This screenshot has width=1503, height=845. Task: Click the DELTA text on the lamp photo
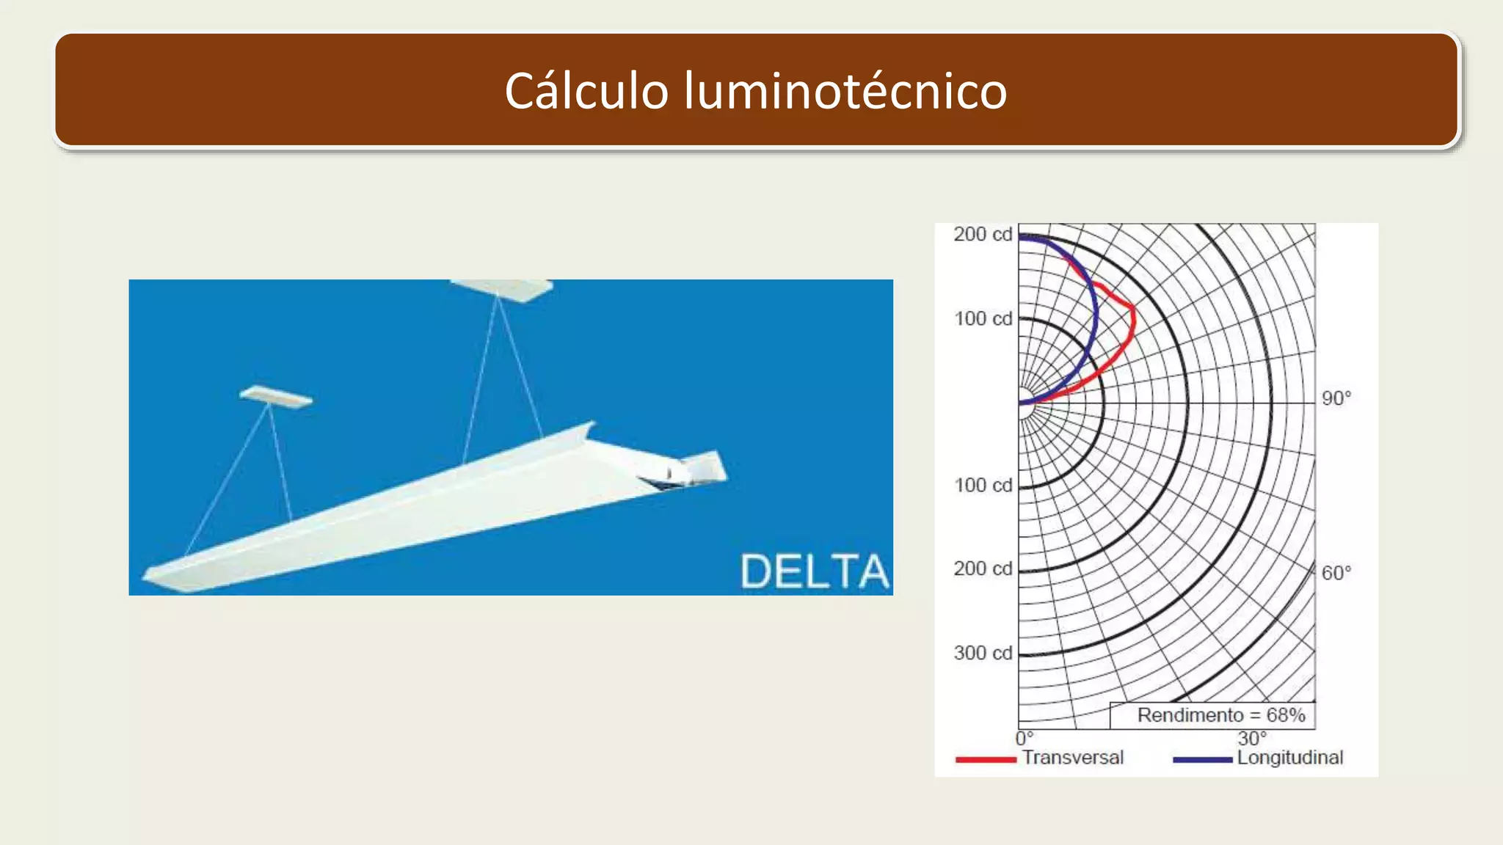coord(814,571)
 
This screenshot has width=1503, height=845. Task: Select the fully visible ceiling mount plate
coord(276,397)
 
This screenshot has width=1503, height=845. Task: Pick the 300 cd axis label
coord(983,653)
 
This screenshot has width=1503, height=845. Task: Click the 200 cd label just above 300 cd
coord(983,568)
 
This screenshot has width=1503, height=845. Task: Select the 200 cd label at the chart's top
coord(983,234)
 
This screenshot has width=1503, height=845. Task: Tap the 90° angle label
coord(1336,398)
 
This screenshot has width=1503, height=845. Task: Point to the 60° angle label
coord(1336,573)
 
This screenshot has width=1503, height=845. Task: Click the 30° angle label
coord(1252,738)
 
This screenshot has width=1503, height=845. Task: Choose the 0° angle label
coord(1025,738)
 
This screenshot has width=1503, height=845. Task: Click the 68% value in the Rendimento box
coord(1286,715)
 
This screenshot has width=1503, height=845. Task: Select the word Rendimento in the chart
coord(1190,715)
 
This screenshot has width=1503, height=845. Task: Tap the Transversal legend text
coord(1073,758)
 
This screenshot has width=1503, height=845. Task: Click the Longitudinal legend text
coord(1290,758)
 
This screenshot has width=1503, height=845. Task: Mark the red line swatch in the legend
coord(986,760)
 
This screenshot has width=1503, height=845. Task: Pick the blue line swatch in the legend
coord(1202,760)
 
